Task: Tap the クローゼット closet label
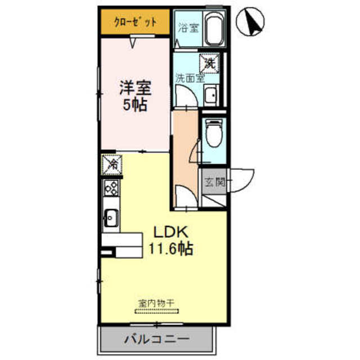click(x=135, y=23)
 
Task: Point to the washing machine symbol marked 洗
click(x=209, y=63)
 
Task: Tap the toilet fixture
click(x=213, y=136)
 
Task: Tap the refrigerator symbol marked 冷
click(x=111, y=165)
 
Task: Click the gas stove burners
click(x=111, y=188)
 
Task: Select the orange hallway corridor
click(x=184, y=157)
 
